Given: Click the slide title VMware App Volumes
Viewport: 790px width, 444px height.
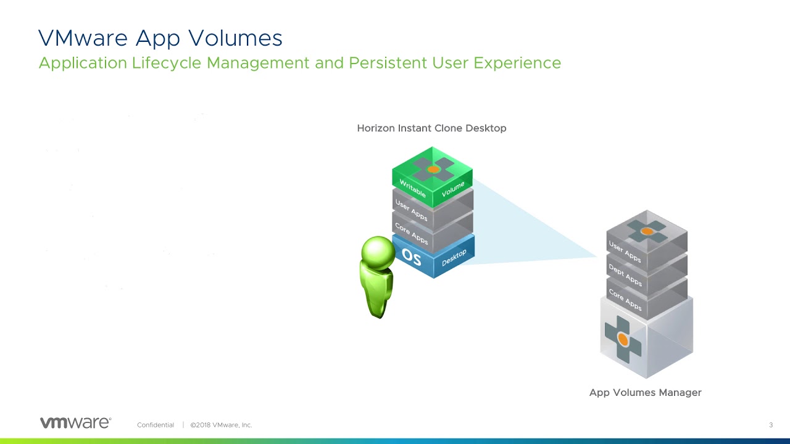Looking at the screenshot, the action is pos(160,38).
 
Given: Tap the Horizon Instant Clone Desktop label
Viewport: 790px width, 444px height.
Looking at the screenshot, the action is pos(431,128).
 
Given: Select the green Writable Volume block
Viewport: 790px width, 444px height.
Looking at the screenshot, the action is pos(433,177).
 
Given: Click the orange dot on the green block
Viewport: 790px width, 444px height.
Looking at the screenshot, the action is pos(433,170).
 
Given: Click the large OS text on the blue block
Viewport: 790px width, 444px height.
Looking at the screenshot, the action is pos(412,257).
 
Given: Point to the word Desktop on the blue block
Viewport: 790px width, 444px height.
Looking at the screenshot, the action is pos(454,258).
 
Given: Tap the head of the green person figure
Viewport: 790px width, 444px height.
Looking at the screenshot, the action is pos(378,253).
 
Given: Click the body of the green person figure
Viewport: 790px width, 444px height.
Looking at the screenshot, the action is pos(376,292).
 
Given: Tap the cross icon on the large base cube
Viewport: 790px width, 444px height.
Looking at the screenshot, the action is pos(623,340).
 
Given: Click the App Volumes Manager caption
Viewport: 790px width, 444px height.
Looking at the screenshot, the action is pos(646,393).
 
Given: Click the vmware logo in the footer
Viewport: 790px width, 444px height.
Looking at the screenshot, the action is pos(75,422).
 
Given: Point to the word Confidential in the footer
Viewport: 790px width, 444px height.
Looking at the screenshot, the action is pos(156,425).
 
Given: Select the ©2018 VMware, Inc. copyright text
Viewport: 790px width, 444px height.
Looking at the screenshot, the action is pos(221,425).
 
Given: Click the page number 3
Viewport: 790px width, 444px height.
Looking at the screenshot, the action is pos(771,425).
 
